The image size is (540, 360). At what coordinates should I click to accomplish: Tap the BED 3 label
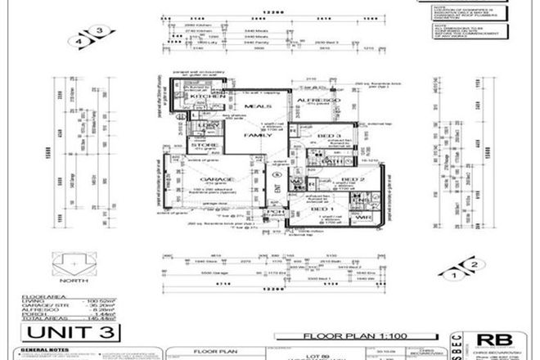point(325,134)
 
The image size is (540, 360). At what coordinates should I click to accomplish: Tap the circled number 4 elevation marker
point(80,39)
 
